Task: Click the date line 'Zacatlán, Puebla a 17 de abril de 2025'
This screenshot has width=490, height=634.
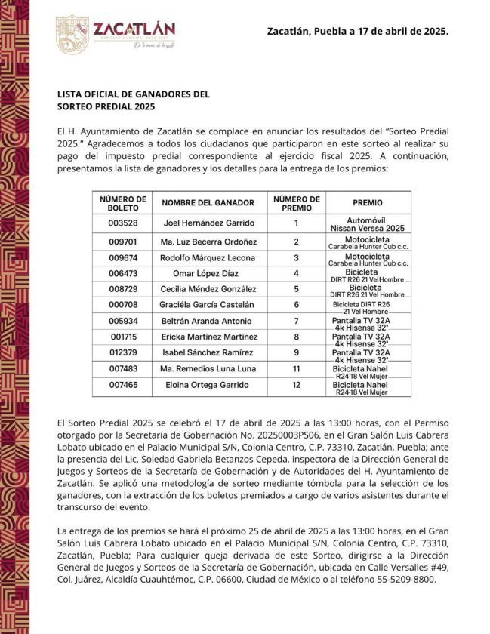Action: click(358, 32)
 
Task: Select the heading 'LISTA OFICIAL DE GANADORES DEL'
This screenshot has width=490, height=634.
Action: click(133, 94)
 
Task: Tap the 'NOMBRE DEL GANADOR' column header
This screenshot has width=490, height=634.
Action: click(208, 203)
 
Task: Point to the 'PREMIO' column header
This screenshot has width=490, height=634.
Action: click(368, 203)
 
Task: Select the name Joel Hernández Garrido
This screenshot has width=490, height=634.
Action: click(208, 223)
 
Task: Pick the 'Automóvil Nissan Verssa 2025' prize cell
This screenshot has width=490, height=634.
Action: click(368, 223)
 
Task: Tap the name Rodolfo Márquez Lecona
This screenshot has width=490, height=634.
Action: click(208, 258)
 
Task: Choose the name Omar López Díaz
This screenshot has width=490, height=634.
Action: click(208, 273)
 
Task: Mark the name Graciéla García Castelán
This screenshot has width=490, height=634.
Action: click(208, 305)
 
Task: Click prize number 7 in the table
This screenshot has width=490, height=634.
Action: click(297, 321)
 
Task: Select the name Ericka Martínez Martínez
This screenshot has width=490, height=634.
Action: click(208, 337)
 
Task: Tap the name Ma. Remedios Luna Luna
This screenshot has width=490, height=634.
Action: click(208, 368)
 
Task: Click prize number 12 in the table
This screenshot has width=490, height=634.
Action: click(297, 385)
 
